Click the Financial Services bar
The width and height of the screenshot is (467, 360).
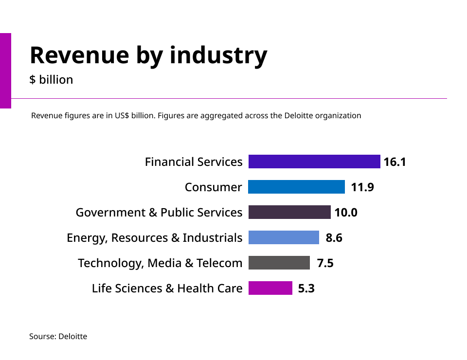click(314, 162)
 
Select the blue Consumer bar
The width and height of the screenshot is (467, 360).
click(296, 187)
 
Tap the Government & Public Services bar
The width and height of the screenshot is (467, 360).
click(289, 212)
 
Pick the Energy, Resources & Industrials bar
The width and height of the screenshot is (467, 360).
click(284, 237)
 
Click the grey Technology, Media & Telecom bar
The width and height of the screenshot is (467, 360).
click(279, 263)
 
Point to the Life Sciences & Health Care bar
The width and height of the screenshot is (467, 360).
click(270, 288)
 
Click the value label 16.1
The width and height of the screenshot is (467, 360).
click(395, 162)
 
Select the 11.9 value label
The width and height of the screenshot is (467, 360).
click(362, 187)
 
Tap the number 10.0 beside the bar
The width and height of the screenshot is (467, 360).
click(346, 213)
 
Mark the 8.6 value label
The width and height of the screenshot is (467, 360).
click(334, 238)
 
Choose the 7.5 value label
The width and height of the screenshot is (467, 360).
click(325, 263)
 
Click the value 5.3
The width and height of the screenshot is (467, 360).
click(306, 288)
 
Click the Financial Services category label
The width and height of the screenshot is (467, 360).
click(194, 162)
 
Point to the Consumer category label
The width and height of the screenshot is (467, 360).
click(213, 187)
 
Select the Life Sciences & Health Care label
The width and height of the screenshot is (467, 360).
click(167, 288)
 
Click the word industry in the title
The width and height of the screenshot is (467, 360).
click(218, 55)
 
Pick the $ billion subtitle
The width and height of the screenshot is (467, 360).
click(51, 80)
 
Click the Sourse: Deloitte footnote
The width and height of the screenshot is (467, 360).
click(58, 336)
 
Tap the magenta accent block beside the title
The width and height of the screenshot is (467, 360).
click(5, 71)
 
